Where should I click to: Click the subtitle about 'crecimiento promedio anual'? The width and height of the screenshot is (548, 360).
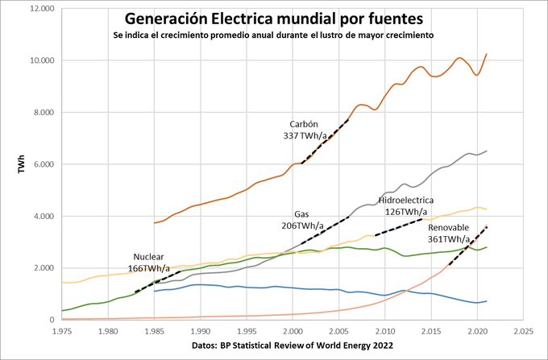[273, 35]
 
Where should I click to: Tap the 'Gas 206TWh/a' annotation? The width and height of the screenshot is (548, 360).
[302, 221]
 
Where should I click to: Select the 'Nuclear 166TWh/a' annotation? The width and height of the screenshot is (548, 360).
[148, 262]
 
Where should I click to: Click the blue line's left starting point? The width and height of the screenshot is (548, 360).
[154, 291]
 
